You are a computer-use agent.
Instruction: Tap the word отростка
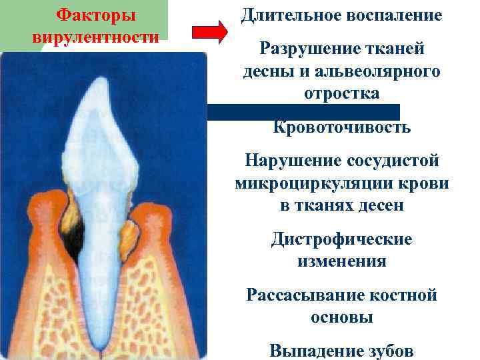341,94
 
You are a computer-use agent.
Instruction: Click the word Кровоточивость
341,127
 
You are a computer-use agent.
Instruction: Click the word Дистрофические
341,239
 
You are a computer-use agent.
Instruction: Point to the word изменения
341,261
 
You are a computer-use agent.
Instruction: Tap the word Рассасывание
301,294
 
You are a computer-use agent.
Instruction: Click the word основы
341,317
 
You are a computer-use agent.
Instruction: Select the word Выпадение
310,349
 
